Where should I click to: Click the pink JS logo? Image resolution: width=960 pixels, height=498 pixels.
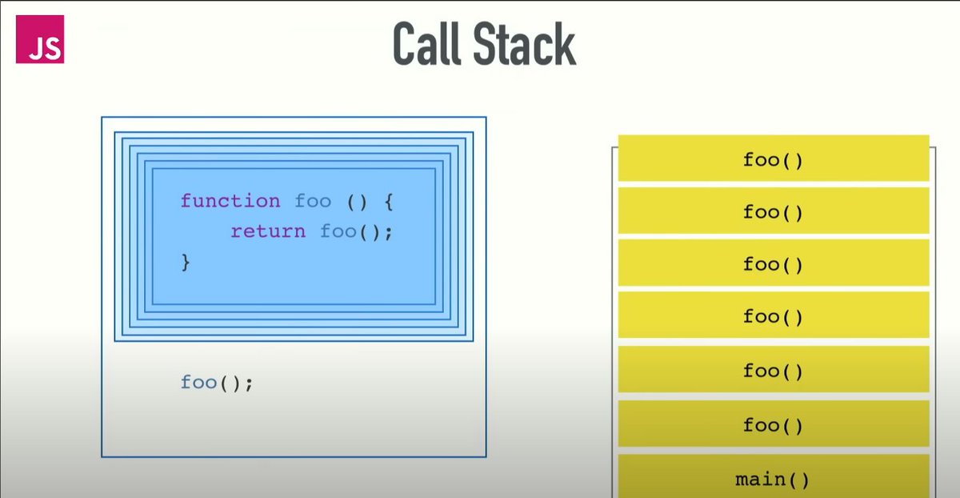pos(39,39)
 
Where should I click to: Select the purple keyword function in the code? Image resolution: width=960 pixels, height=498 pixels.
pos(230,201)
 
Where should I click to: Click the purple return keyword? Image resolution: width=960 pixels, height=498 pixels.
pos(268,231)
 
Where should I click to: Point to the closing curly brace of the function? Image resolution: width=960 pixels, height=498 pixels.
pos(186,262)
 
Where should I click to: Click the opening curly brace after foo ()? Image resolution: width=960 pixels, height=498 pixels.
pos(388,201)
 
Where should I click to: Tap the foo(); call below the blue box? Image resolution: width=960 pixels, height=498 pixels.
pos(217,383)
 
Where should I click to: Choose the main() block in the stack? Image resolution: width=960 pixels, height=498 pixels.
pos(772,480)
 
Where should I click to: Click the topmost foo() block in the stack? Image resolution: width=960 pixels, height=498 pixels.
pos(772,159)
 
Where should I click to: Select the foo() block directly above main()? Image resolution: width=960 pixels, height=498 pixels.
pos(772,425)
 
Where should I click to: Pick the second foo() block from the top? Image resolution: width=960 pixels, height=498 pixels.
pos(772,212)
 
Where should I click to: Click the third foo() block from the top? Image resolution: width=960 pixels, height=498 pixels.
pos(772,264)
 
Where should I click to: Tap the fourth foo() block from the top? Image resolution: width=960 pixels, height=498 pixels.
pos(772,317)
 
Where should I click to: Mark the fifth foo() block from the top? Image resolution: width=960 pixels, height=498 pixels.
pos(772,371)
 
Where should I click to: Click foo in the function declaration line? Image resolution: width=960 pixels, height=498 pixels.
pos(313,201)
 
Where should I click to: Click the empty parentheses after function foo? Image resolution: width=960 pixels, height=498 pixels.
pos(356,201)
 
